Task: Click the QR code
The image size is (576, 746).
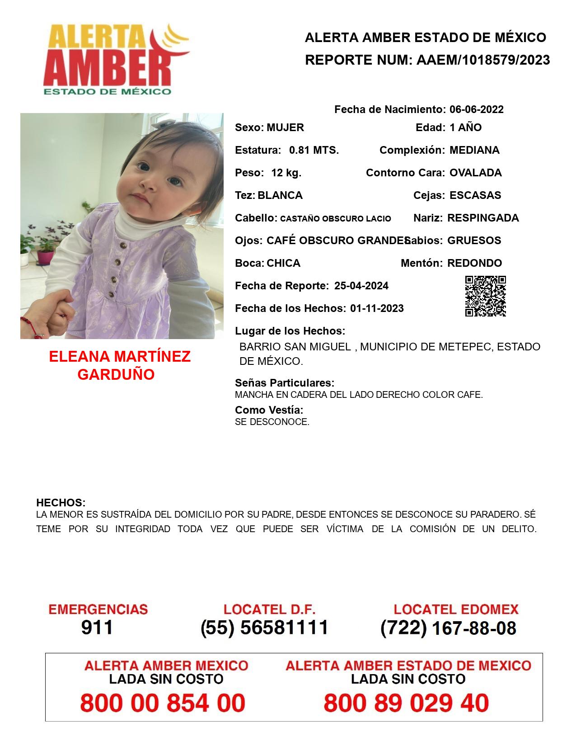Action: [485, 296]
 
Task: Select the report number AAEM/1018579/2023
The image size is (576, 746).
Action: [483, 60]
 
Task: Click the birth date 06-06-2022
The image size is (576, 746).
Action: [476, 109]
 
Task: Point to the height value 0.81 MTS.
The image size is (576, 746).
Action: [314, 150]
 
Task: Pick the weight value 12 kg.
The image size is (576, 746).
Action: [286, 173]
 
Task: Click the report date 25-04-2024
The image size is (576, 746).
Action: [361, 286]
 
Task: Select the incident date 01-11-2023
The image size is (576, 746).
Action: [377, 308]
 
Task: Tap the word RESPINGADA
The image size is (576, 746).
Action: [482, 218]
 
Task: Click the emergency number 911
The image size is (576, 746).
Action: [97, 628]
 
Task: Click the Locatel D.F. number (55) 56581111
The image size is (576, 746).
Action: [264, 628]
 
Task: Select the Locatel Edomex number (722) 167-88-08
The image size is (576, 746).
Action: [448, 628]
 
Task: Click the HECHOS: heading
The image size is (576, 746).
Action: [61, 503]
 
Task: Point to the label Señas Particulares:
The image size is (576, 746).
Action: [284, 383]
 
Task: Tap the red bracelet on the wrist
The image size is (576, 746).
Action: [28, 325]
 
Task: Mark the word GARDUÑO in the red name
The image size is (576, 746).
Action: [116, 374]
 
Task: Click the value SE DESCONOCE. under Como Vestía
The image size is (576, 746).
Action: [272, 422]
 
